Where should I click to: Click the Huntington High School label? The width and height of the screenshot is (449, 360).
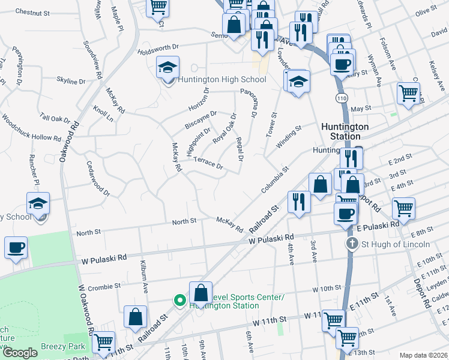(221, 80)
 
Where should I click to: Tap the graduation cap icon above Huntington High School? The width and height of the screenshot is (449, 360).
(167, 68)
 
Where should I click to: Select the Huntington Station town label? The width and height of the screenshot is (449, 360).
(345, 131)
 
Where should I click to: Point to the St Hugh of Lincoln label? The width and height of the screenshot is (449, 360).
(395, 244)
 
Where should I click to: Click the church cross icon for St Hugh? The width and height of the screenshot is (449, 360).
(354, 244)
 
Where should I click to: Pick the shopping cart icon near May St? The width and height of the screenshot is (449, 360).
(408, 94)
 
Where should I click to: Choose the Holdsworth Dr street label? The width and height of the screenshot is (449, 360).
(158, 46)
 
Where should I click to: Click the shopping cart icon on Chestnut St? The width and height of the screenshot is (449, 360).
(158, 7)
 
